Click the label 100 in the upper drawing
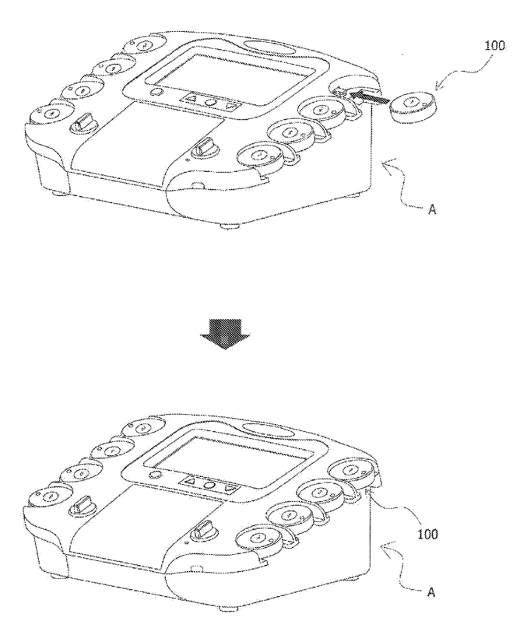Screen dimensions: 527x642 [x=494, y=45]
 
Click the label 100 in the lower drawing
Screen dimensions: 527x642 [x=427, y=534]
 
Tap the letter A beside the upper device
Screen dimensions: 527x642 [x=431, y=210]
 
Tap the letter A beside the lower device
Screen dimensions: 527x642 [x=430, y=592]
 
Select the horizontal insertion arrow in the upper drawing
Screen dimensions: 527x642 [x=369, y=100]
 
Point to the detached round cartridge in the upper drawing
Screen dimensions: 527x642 [x=413, y=105]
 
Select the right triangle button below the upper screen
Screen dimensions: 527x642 [x=231, y=105]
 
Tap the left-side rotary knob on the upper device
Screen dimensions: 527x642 [x=82, y=123]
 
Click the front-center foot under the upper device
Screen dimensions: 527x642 [x=227, y=226]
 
